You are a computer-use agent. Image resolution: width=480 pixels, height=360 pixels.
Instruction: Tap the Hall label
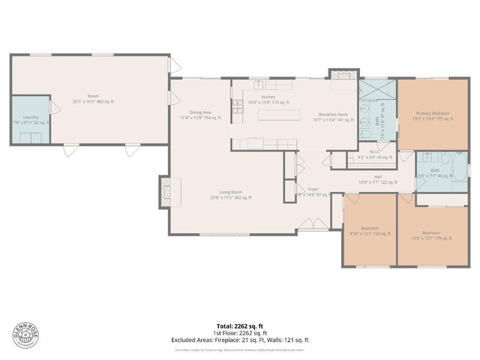coord(378,178)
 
